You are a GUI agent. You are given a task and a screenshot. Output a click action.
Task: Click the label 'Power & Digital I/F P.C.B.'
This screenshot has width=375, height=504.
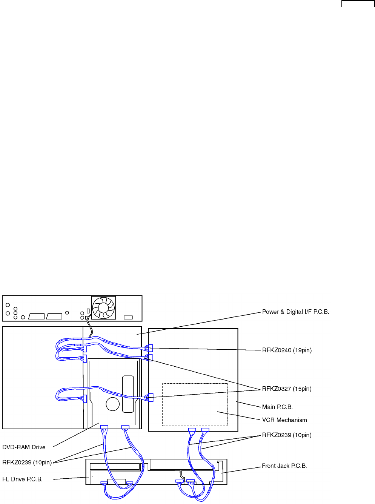295,312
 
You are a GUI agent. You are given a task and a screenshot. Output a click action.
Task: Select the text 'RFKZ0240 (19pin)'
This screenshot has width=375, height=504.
287,350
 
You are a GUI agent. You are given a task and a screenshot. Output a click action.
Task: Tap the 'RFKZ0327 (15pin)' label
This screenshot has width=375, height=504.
287,389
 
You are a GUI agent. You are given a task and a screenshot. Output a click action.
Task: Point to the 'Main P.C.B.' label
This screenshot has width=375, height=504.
277,407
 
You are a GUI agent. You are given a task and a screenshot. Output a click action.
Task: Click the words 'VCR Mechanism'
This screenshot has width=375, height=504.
284,420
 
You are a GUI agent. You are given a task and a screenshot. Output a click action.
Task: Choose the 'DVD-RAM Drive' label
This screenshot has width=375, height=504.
24,447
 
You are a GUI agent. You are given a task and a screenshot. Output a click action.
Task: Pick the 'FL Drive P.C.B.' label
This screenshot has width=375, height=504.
22,479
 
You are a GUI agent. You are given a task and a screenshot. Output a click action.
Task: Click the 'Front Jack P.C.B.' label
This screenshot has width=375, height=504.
284,466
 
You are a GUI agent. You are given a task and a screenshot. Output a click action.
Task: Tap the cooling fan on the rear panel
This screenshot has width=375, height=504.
103,308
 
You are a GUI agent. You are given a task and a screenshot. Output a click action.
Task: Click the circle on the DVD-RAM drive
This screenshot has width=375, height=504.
113,404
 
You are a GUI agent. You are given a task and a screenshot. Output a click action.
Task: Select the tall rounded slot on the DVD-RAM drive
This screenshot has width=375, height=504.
128,394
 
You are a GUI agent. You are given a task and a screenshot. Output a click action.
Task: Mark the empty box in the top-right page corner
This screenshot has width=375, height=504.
358,4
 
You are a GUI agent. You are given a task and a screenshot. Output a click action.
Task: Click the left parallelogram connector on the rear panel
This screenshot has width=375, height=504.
37,316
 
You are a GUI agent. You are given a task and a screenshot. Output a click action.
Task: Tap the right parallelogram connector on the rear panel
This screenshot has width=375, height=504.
54,316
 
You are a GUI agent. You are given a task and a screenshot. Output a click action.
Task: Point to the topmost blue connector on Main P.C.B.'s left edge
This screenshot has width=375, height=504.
150,348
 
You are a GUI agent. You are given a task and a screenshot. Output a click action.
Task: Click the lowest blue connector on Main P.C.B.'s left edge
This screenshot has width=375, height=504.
151,397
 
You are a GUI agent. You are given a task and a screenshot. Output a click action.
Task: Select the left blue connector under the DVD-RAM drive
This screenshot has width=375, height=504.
104,427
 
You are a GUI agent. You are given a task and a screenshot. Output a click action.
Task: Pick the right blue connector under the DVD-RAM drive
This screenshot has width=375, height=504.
125,427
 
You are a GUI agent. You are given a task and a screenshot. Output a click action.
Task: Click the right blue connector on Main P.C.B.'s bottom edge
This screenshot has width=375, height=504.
205,430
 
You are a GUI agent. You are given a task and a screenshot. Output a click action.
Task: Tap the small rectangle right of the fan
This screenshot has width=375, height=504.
128,317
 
